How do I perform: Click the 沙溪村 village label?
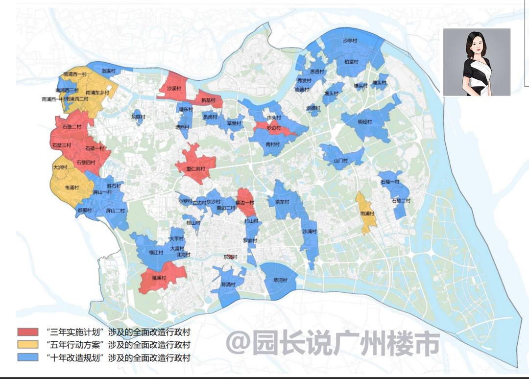174,89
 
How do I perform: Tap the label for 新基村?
208,100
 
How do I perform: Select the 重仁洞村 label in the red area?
195,169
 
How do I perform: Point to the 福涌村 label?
157,278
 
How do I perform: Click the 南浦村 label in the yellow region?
367,214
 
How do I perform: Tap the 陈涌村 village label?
228,284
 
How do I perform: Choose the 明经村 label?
365,122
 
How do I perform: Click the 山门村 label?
340,161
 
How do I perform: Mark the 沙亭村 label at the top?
350,41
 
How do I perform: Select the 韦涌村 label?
72,187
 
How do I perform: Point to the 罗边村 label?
274,128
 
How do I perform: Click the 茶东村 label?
282,202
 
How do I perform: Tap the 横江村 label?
156,253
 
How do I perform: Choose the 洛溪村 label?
109,71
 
